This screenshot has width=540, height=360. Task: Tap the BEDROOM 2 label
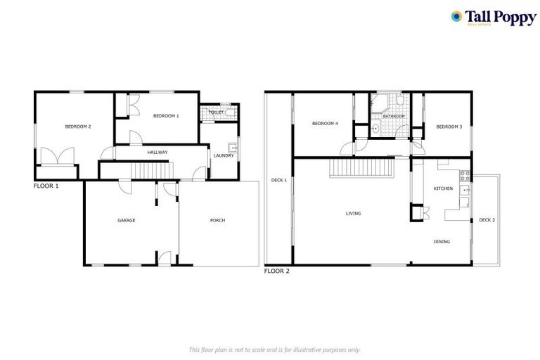coord(79,127)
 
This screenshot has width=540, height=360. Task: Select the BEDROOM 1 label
coord(166,115)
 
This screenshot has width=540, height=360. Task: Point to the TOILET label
coord(216,112)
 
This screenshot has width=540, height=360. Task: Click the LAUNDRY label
coord(224,155)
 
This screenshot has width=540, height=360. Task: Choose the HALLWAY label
coord(157,152)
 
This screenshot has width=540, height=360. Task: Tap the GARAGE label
coord(127,220)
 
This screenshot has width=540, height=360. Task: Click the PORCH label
coord(218,220)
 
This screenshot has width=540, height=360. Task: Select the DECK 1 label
coord(279,180)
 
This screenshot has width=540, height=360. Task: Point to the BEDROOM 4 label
coord(326,124)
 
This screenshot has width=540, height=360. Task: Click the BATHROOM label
coord(394,116)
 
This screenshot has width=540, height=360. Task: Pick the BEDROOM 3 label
coord(449,127)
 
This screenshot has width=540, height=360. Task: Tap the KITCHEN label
coord(443,188)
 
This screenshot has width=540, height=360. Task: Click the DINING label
coord(442,242)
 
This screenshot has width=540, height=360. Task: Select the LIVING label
coord(353,213)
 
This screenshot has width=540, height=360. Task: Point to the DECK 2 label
coord(487,220)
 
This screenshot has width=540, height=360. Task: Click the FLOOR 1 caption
coord(46,187)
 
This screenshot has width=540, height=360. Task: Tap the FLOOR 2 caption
coord(276,271)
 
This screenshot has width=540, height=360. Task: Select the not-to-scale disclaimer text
coord(275,349)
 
